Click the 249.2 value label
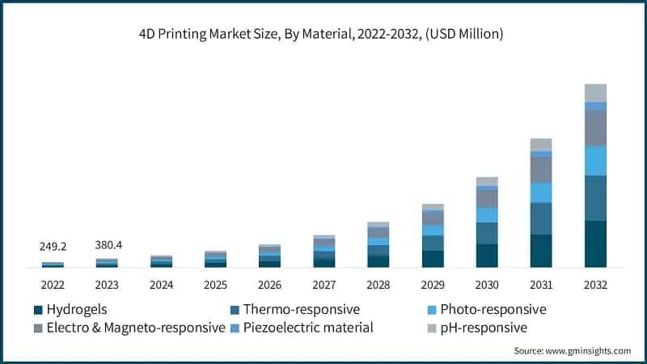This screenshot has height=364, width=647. (x=53, y=247)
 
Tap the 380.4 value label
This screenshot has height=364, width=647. (x=107, y=247)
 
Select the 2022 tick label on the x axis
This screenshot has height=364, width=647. (x=53, y=285)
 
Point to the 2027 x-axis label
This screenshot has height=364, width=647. (x=323, y=285)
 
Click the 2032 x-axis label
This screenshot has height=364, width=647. (x=594, y=285)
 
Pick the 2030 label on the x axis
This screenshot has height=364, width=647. (x=486, y=285)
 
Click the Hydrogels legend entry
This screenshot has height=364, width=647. (x=76, y=310)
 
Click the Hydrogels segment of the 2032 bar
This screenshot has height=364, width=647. (x=595, y=243)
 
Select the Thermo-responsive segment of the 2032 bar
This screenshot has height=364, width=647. (x=595, y=198)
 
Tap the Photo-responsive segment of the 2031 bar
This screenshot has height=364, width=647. (x=541, y=193)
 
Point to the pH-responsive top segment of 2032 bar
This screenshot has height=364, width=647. (x=595, y=92)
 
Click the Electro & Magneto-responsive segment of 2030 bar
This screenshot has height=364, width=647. (x=487, y=199)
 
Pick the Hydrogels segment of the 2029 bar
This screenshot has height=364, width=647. (x=433, y=259)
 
